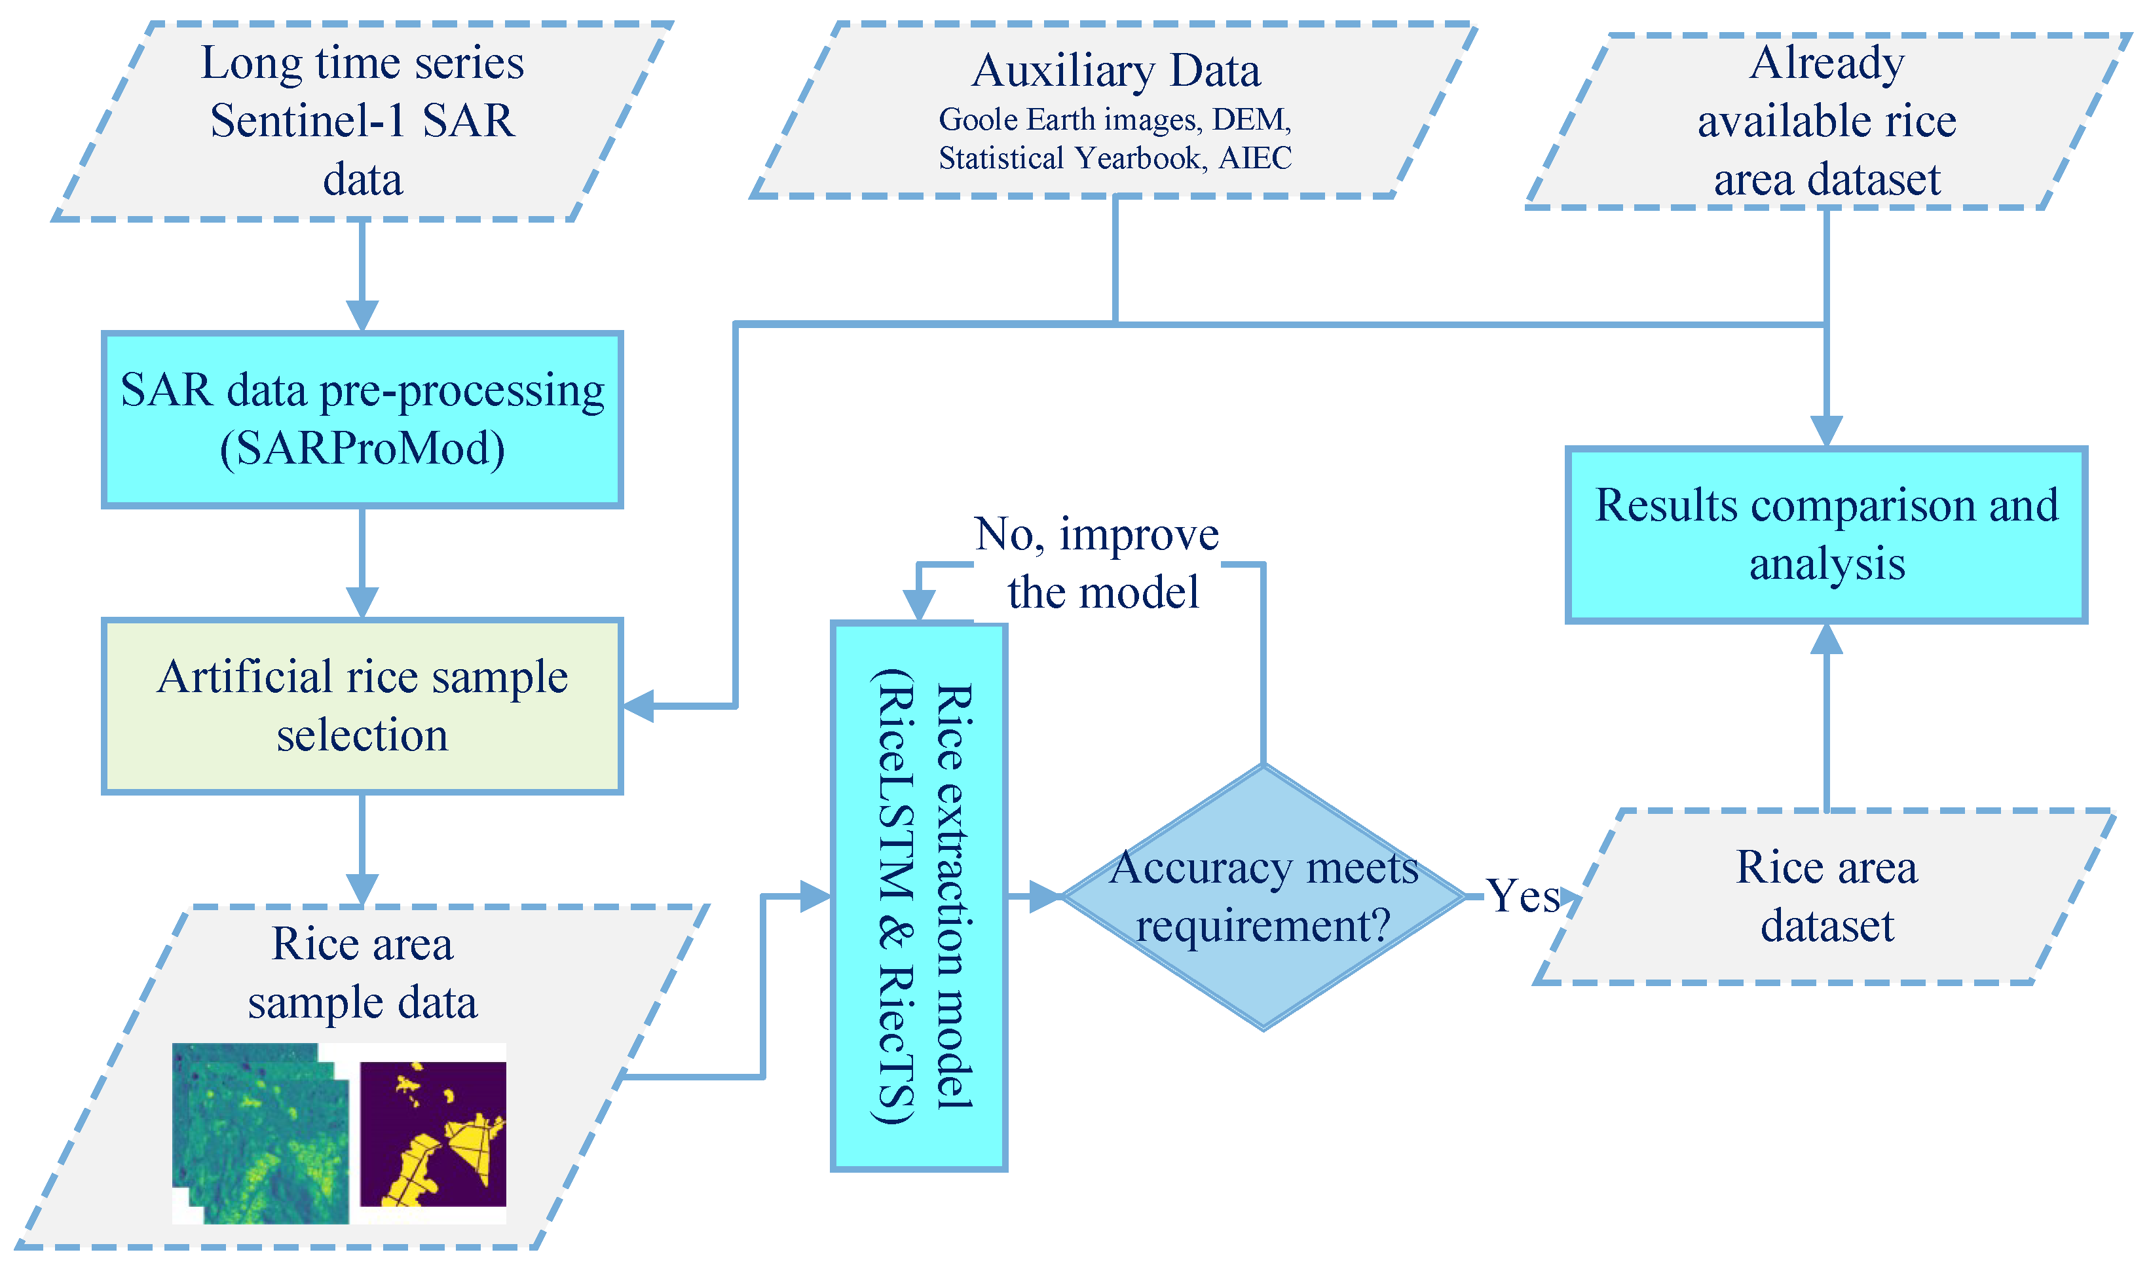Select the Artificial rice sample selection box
click(362, 706)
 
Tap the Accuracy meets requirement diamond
click(1263, 897)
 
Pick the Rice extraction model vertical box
click(920, 896)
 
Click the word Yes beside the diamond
click(1524, 897)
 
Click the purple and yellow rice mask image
click(433, 1134)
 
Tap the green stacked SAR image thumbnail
click(261, 1134)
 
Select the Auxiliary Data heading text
click(1115, 71)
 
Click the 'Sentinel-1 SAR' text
click(362, 120)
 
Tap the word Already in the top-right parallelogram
click(1827, 62)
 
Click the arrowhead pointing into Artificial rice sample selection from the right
click(639, 706)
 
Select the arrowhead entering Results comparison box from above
click(1827, 431)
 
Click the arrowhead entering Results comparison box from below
click(1827, 638)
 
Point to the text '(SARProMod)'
click(362, 449)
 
